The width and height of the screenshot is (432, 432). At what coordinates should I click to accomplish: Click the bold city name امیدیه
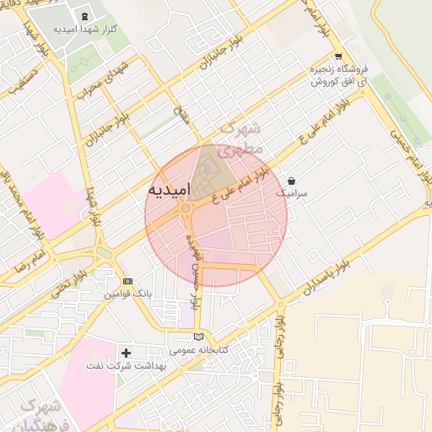[x=169, y=189]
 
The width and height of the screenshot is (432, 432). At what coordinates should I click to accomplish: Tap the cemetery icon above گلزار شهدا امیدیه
[x=84, y=16]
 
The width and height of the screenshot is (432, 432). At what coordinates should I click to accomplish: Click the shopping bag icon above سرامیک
[x=291, y=181]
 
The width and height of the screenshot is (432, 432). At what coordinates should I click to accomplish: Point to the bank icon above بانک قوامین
[x=127, y=282]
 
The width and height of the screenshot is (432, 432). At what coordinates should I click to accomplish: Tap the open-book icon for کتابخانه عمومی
[x=198, y=336]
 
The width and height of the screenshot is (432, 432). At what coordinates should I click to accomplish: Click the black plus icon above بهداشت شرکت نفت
[x=127, y=353]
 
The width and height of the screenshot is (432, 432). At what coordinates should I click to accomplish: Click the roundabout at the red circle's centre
[x=185, y=208]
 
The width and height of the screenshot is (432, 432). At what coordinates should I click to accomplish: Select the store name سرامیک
[x=292, y=193]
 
